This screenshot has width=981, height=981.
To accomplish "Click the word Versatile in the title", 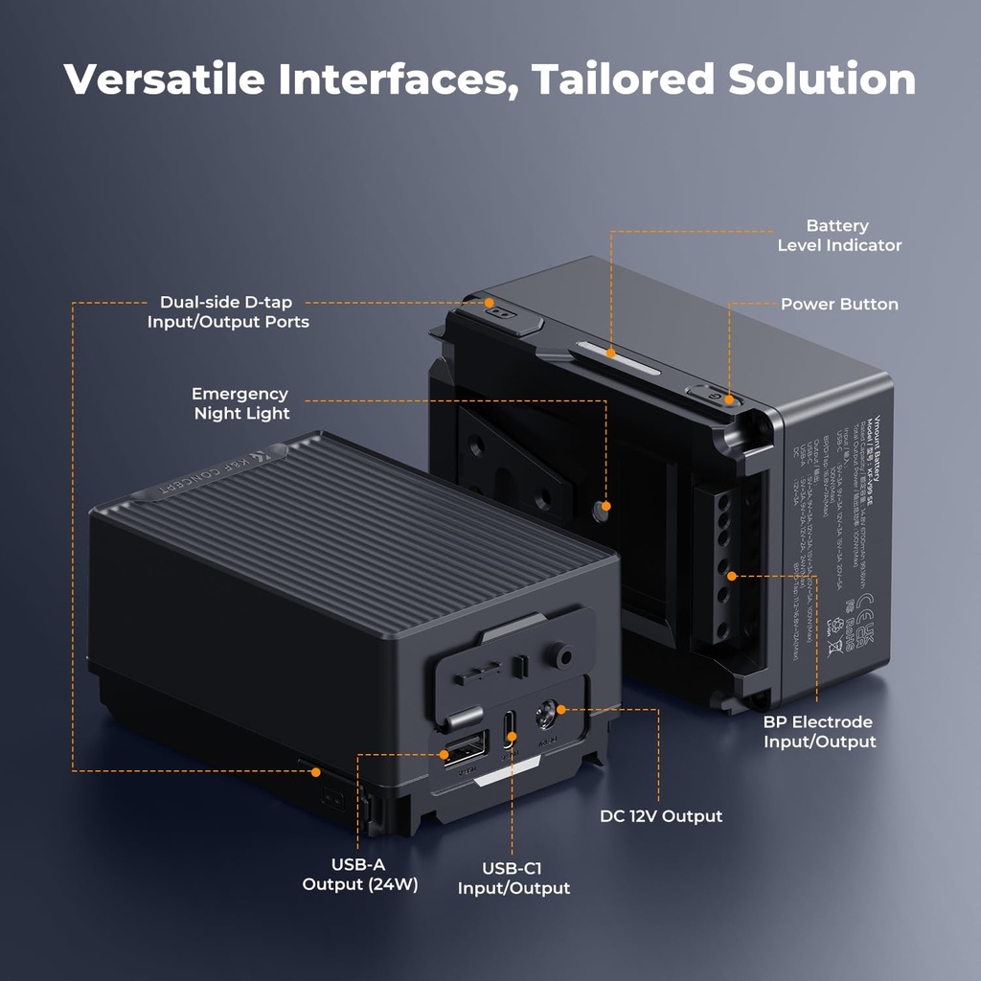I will (164, 79).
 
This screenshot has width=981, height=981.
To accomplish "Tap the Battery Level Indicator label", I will (838, 236).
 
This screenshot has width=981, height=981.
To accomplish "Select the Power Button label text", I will (839, 305).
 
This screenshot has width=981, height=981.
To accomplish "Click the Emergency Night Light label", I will (240, 403).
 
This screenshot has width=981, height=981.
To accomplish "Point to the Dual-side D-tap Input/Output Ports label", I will (228, 312).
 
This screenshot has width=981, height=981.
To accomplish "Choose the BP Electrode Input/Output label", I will (819, 732).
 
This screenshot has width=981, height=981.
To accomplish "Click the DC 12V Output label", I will (661, 816).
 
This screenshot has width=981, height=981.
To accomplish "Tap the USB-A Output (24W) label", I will (360, 875).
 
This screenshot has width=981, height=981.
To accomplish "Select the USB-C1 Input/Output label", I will (513, 878).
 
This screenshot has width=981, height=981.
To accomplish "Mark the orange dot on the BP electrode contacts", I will (731, 576).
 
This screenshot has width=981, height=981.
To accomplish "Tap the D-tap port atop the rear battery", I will (499, 308).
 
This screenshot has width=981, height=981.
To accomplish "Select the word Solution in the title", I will (821, 79).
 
